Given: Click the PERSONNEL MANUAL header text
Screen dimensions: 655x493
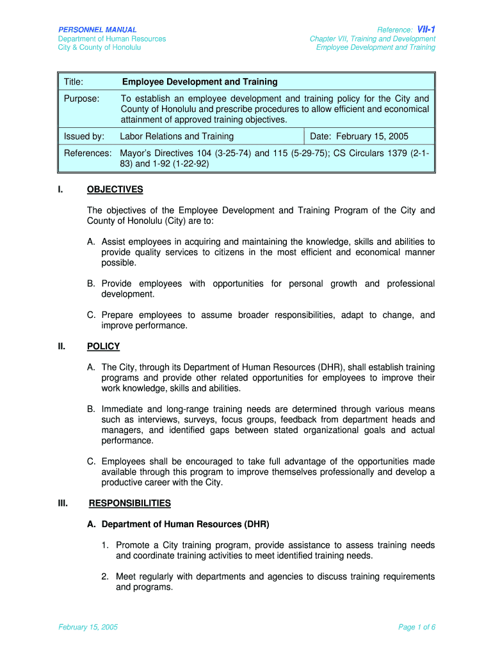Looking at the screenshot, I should click(x=97, y=29).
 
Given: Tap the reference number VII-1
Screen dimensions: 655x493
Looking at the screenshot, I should click(x=426, y=29).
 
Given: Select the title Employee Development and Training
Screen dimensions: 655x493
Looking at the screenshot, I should click(x=200, y=82).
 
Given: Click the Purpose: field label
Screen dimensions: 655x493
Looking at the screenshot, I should click(x=81, y=99).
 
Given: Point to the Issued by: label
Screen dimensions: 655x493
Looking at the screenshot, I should click(x=84, y=136).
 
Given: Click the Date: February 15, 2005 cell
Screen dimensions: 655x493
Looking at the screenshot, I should click(x=359, y=136).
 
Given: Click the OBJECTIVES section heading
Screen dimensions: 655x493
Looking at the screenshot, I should click(x=115, y=189).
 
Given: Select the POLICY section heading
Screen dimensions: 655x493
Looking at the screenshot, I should click(x=103, y=347).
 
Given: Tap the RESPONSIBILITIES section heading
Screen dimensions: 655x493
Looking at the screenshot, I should click(x=130, y=503).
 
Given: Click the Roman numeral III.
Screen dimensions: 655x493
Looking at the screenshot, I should click(x=63, y=503).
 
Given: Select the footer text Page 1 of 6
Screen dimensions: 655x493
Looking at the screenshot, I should click(x=417, y=627).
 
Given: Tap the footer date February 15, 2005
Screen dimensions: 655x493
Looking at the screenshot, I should click(x=88, y=627).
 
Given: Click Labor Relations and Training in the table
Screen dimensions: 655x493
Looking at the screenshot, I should click(x=177, y=136).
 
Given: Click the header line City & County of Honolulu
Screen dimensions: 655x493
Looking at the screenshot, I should click(x=100, y=47).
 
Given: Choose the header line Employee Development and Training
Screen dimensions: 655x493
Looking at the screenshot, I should click(x=376, y=47).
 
